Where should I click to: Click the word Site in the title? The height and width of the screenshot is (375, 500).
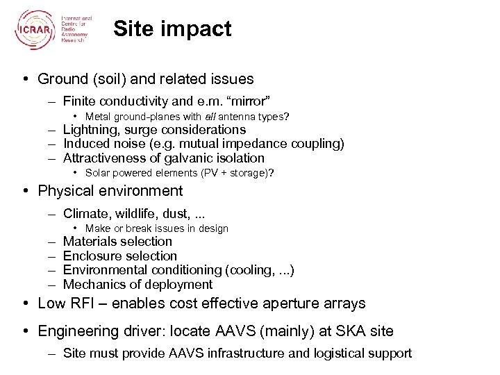click(131, 29)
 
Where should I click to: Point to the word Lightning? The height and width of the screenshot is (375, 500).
click(90, 130)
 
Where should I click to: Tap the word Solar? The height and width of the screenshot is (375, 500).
click(98, 172)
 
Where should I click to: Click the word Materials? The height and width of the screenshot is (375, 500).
click(90, 242)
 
